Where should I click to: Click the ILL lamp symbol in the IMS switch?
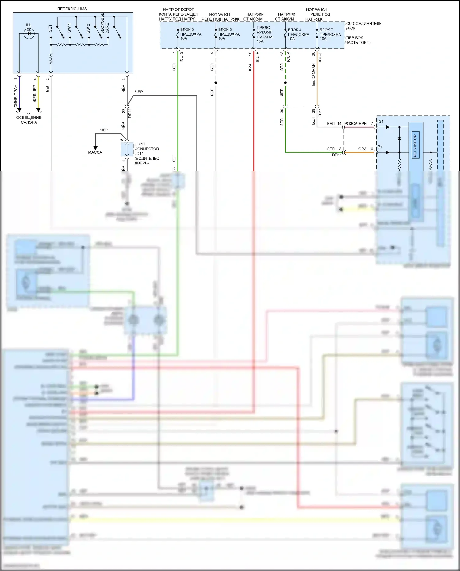(29, 33)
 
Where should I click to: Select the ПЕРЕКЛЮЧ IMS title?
(72, 9)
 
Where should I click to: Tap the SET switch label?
(50, 29)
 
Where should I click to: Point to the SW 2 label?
(88, 28)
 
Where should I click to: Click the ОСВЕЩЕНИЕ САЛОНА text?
(29, 120)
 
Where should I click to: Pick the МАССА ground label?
(95, 152)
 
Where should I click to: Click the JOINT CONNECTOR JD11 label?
(146, 153)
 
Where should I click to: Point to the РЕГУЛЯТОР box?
(415, 146)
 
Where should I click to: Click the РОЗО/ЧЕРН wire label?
(355, 124)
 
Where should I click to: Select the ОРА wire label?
(362, 149)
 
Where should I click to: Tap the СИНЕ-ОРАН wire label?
(16, 96)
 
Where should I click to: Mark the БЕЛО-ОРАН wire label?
(313, 75)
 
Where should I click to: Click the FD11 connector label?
(320, 112)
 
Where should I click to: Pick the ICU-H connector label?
(258, 57)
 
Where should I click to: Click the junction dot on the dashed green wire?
(286, 83)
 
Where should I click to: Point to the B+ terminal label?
(380, 147)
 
